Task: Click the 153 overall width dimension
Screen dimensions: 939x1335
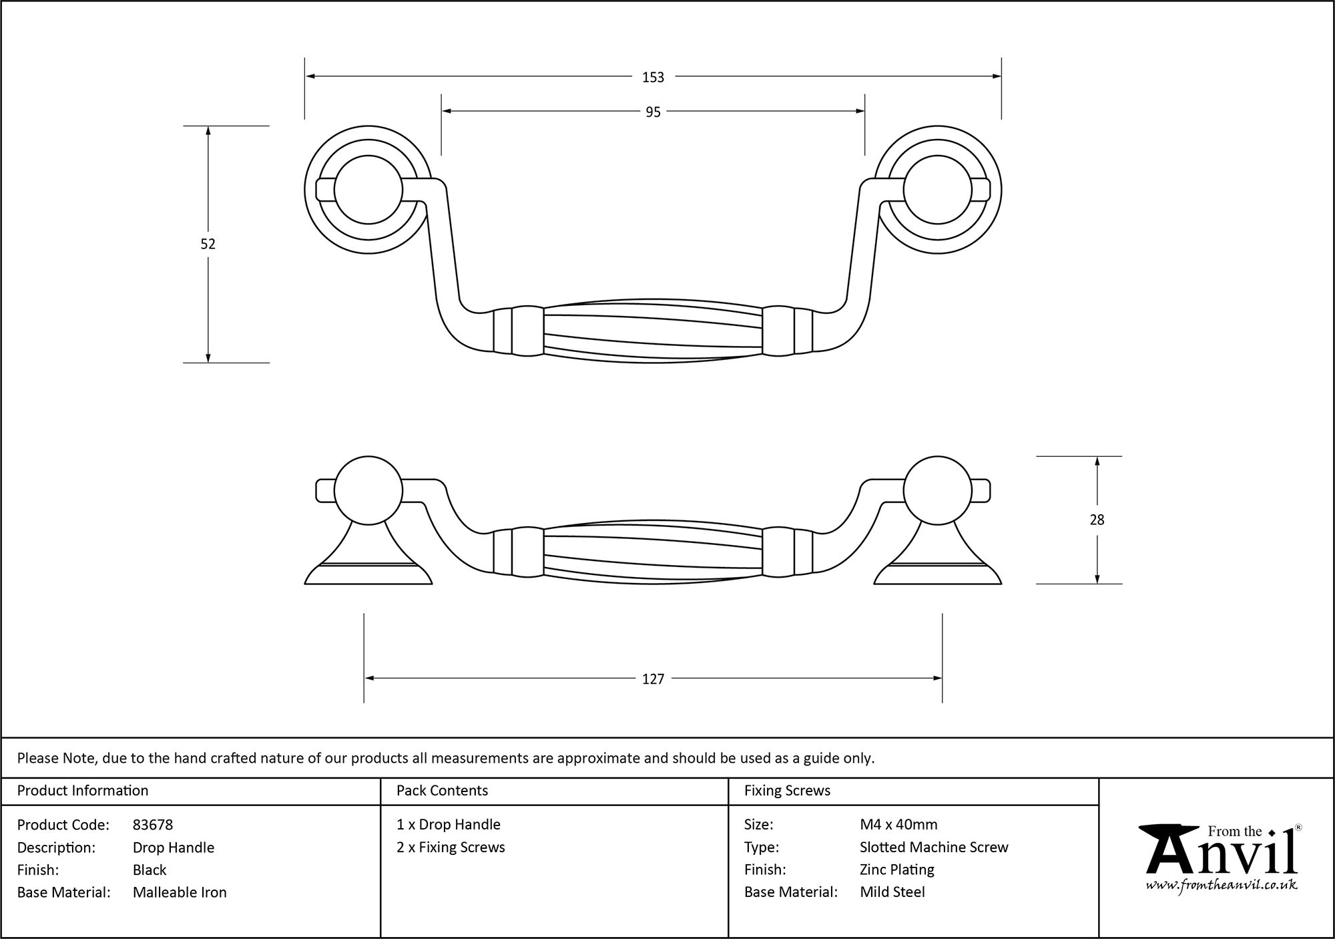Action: click(x=653, y=77)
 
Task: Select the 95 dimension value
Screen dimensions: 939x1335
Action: click(x=653, y=112)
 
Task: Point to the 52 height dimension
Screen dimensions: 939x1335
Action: click(x=208, y=244)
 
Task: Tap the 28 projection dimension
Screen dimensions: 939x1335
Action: click(x=1097, y=520)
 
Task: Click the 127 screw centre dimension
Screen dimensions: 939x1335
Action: click(x=653, y=679)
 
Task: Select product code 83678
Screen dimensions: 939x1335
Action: click(x=153, y=825)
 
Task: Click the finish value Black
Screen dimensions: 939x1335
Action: click(x=150, y=870)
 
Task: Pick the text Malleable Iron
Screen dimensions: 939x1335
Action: click(x=180, y=892)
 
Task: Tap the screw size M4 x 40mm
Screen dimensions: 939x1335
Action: click(x=898, y=825)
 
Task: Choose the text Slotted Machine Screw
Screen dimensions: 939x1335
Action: click(x=934, y=848)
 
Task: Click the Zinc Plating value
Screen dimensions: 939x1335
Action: click(x=897, y=870)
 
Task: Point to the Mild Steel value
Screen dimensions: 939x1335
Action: click(x=892, y=892)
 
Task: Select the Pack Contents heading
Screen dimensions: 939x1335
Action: click(x=442, y=791)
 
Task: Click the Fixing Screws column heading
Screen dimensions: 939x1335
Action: click(x=787, y=791)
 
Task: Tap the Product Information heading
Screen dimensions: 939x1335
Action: click(x=83, y=791)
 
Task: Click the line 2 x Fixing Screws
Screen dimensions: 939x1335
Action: click(x=451, y=848)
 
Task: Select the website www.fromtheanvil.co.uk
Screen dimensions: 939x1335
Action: click(x=1222, y=885)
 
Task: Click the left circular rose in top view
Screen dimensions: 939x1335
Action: click(x=368, y=190)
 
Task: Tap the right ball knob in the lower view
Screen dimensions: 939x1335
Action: click(x=937, y=491)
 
